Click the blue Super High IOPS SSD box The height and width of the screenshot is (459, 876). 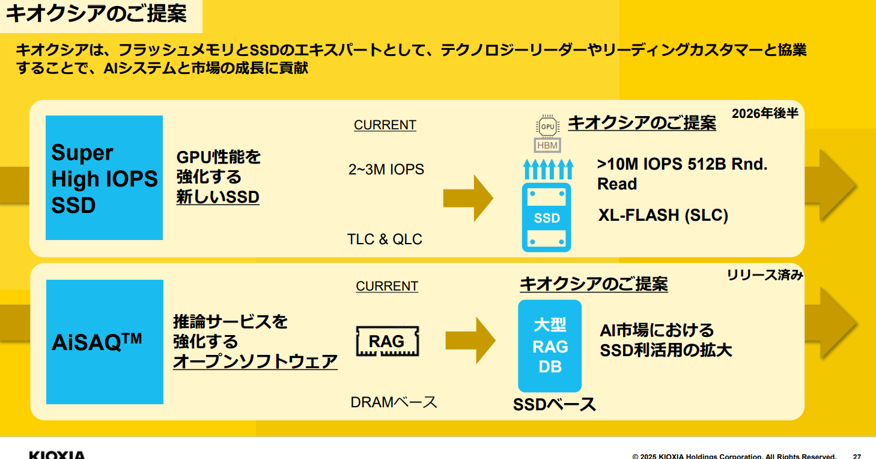click(x=104, y=177)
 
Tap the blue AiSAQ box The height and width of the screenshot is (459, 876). click(x=105, y=342)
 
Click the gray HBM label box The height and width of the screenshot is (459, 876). click(x=547, y=145)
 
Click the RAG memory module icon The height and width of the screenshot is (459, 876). click(x=387, y=342)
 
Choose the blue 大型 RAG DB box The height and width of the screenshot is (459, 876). click(x=550, y=346)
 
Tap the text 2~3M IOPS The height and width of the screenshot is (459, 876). click(x=386, y=170)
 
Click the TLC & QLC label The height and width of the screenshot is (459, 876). click(x=385, y=239)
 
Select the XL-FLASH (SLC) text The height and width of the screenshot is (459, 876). click(x=663, y=215)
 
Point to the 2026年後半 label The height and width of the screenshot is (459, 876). click(x=765, y=113)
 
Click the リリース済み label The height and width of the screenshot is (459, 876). click(x=765, y=276)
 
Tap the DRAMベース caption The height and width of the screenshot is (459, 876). click(x=394, y=402)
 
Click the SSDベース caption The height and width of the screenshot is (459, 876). click(x=554, y=405)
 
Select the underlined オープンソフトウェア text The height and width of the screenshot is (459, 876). click(x=255, y=362)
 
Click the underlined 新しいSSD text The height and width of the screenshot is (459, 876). click(x=217, y=197)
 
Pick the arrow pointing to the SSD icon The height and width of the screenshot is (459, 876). click(x=468, y=199)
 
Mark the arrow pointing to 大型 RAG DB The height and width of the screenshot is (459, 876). click(x=470, y=340)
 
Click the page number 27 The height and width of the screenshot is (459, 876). click(x=857, y=456)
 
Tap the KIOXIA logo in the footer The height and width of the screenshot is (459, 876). click(x=57, y=455)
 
